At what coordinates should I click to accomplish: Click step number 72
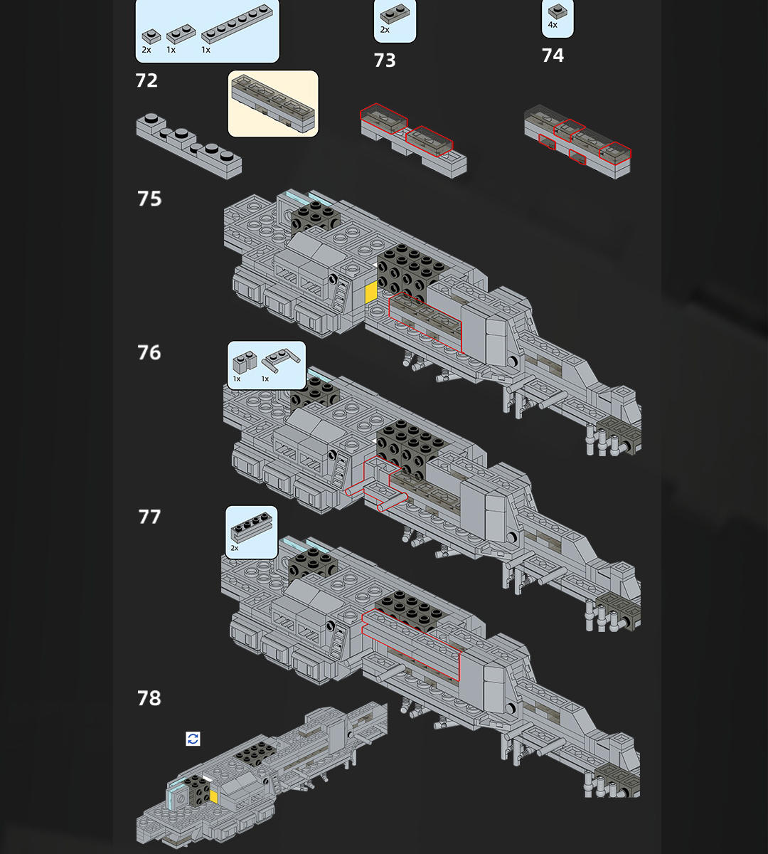[146, 80]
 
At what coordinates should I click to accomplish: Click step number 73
[385, 60]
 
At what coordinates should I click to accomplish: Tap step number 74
[553, 56]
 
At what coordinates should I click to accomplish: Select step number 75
[149, 199]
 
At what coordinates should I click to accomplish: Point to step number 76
[149, 352]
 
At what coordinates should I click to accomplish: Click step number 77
[149, 517]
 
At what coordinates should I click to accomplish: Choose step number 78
[149, 698]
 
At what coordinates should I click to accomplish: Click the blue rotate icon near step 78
[193, 739]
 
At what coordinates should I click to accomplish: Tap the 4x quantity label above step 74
[553, 25]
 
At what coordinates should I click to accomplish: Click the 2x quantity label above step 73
[385, 30]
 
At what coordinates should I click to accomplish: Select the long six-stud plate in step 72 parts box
[237, 23]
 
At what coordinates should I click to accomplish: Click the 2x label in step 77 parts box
[235, 548]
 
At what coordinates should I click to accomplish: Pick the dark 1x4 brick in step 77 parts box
[251, 528]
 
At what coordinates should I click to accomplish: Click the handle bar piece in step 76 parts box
[280, 360]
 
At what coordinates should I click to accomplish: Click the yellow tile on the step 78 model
[213, 797]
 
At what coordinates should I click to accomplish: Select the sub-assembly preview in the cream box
[273, 103]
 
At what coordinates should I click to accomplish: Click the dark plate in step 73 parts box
[395, 14]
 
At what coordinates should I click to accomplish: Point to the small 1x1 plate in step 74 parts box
[558, 11]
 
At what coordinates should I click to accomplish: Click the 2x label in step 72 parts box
[146, 50]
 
